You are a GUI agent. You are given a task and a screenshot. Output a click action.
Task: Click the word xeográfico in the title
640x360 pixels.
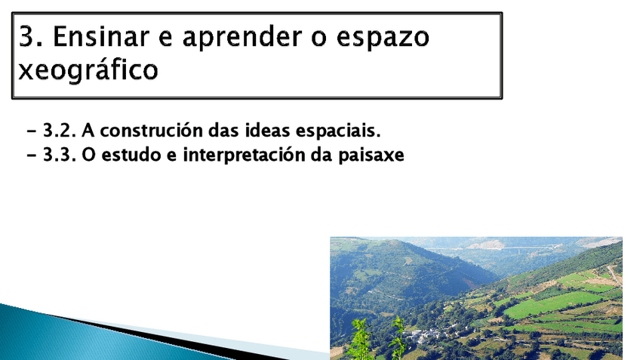pyautogui.click(x=88, y=70)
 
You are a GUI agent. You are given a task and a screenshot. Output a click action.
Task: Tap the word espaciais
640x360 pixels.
pyautogui.click(x=340, y=131)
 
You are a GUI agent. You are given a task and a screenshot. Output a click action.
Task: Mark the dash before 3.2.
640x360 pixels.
pyautogui.click(x=32, y=131)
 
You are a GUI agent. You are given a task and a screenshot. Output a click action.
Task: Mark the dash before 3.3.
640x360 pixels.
pyautogui.click(x=32, y=156)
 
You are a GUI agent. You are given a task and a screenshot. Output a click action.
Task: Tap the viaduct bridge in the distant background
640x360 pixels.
pyautogui.click(x=528, y=248)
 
